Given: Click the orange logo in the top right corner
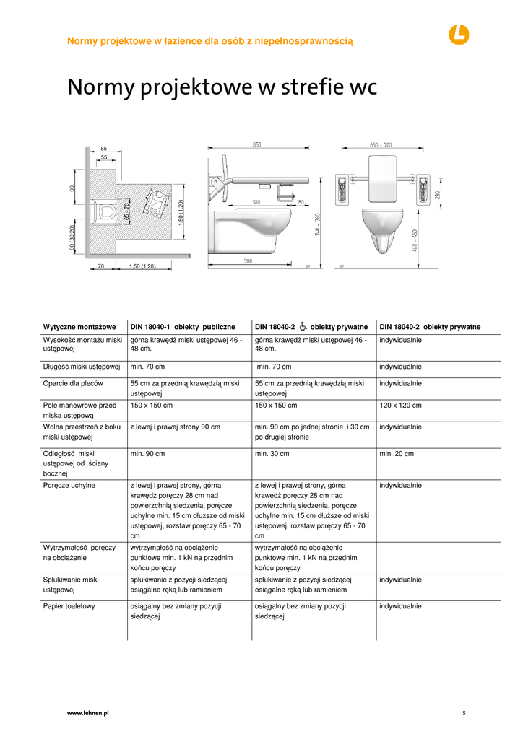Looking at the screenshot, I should click(x=458, y=34).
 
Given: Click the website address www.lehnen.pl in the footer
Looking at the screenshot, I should click(x=87, y=712).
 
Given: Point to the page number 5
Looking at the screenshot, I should click(x=464, y=712).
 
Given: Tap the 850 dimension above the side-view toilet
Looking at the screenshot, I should click(x=256, y=145).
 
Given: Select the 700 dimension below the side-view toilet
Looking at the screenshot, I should click(x=248, y=261).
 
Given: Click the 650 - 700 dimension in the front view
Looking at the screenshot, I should click(x=381, y=145).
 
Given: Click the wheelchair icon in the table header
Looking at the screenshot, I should click(x=303, y=326).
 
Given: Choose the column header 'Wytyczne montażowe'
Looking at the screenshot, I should click(x=75, y=327).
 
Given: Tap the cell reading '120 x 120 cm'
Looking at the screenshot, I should click(x=400, y=406).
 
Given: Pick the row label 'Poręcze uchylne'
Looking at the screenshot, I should click(x=69, y=486).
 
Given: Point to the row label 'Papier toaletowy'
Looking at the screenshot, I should click(x=69, y=606).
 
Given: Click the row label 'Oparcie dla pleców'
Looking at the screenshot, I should click(x=73, y=384).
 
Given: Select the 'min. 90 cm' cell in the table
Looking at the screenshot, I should click(x=147, y=454).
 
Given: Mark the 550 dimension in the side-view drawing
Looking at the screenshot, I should click(x=256, y=202).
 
